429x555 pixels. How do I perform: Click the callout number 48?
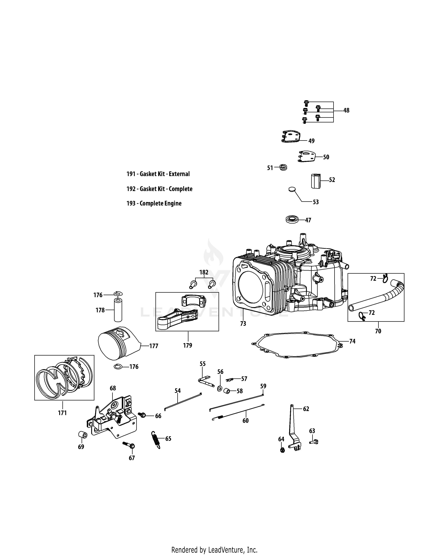point(346,110)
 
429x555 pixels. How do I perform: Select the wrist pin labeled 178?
point(117,310)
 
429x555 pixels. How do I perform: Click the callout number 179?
point(188,345)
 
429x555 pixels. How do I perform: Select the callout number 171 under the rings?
point(62,413)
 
